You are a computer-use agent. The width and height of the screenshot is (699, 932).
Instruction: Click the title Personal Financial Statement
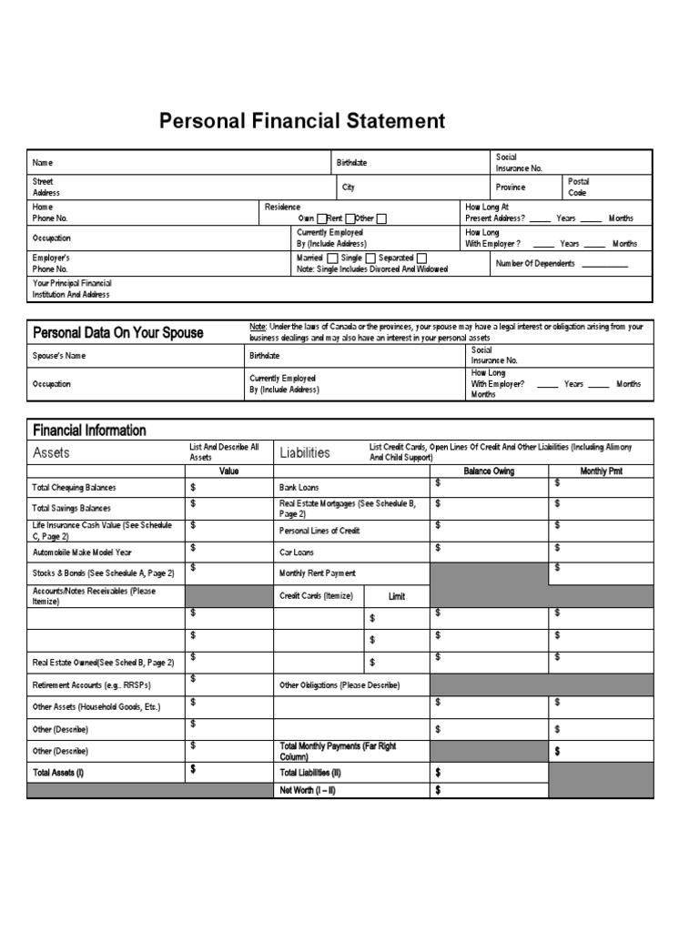pos(302,121)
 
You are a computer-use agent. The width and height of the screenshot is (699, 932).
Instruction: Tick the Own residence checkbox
pos(321,218)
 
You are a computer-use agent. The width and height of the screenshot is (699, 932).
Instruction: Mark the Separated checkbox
pos(420,258)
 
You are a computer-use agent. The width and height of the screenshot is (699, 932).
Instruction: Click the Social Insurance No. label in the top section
pos(519,163)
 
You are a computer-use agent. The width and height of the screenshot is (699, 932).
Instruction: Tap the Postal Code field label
pos(578,187)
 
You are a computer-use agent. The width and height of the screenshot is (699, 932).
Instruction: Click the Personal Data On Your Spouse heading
pos(118,333)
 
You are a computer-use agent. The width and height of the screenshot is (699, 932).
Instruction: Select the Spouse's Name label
pos(59,356)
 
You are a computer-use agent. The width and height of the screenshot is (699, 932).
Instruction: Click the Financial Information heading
pos(89,430)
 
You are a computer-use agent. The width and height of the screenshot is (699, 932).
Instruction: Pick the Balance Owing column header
pos(489,471)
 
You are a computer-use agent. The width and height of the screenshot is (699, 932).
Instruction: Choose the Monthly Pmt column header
pos(601,471)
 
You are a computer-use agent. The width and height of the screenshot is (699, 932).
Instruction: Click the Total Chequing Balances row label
pos(75,488)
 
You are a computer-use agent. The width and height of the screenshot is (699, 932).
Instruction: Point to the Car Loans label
pos(296,552)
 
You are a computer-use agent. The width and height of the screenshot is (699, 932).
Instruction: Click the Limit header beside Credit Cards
pos(397,597)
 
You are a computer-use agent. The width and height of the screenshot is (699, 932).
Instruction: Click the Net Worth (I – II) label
pos(307,790)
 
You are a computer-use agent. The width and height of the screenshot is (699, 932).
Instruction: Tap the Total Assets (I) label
pos(58,772)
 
